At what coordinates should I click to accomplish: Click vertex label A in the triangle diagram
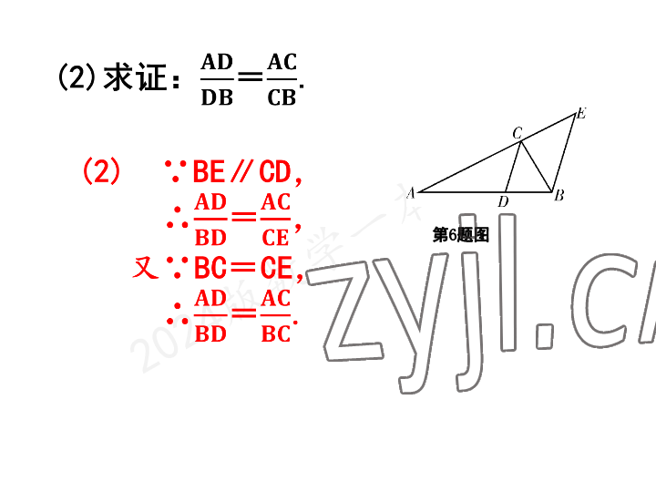(411, 192)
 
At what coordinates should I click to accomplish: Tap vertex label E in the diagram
(580, 114)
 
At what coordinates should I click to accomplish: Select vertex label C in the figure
(517, 133)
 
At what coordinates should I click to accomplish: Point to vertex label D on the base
(503, 200)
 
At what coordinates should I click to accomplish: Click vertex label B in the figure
(559, 194)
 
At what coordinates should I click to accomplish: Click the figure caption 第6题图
(461, 235)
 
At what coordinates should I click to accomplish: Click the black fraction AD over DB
(217, 79)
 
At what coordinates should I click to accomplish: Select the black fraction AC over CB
(282, 79)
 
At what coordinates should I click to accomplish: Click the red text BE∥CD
(241, 171)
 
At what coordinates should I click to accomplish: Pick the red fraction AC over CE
(275, 220)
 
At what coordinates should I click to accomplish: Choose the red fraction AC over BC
(275, 316)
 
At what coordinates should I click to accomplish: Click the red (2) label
(101, 171)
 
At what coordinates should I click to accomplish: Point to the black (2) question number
(77, 78)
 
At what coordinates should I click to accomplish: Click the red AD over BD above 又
(210, 220)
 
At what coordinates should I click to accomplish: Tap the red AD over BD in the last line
(210, 316)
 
